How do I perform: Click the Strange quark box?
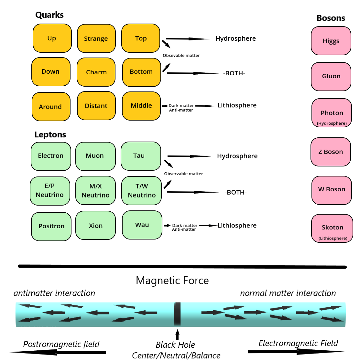[96, 38]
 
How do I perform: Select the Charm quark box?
[96, 72]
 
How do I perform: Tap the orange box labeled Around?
[51, 107]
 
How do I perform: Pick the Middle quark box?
[141, 106]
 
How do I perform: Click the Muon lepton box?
[95, 156]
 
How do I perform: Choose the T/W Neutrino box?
[141, 191]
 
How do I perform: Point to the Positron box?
[51, 226]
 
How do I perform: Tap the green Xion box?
[95, 226]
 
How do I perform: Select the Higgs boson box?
[331, 41]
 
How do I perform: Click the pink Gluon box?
[331, 76]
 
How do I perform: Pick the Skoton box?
[332, 228]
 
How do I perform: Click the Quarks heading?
[49, 15]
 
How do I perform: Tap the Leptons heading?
[50, 135]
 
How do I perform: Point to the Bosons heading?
[331, 18]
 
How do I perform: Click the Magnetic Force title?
[172, 281]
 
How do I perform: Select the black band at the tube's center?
[177, 314]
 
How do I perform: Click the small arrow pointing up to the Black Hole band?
[177, 334]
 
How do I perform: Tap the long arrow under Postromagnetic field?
[58, 352]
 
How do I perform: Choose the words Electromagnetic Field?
[298, 343]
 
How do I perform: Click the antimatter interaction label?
[54, 293]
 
